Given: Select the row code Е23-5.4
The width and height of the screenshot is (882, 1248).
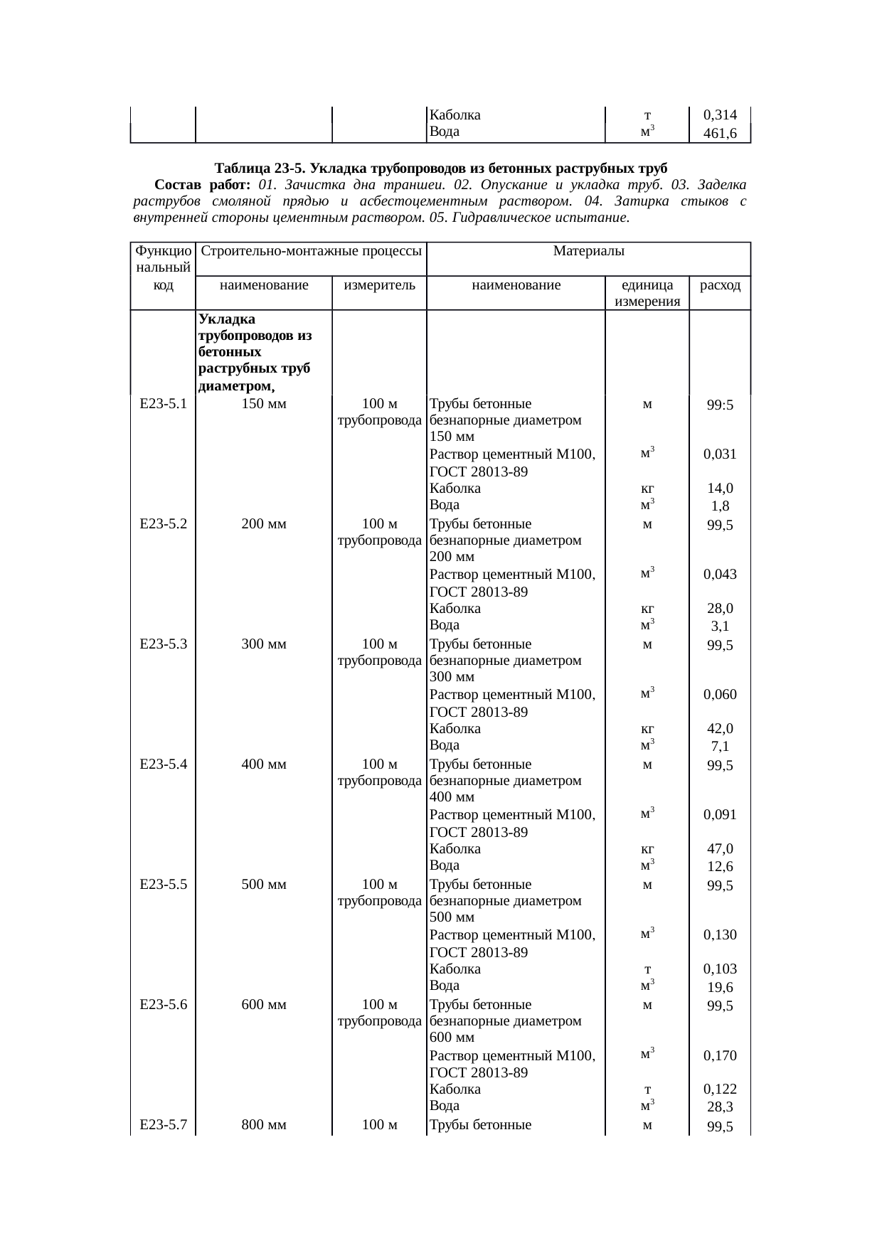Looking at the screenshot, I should pyautogui.click(x=164, y=764).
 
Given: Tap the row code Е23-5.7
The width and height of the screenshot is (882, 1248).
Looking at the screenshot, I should pyautogui.click(x=164, y=1124).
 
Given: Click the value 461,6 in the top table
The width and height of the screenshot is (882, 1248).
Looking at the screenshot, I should pyautogui.click(x=720, y=133).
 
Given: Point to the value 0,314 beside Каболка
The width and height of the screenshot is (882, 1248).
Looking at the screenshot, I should pyautogui.click(x=720, y=115).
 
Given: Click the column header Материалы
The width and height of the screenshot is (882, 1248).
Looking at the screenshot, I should pyautogui.click(x=588, y=251).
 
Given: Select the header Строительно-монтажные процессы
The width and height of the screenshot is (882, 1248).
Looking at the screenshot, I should pyautogui.click(x=310, y=251).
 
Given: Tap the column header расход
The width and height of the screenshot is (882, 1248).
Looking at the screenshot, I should pyautogui.click(x=720, y=286).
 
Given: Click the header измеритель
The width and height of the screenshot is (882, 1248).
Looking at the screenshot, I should pyautogui.click(x=379, y=286).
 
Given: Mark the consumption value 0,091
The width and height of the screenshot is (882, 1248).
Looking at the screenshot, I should pyautogui.click(x=720, y=815).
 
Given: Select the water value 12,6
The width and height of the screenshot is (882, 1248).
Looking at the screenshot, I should pyautogui.click(x=720, y=867).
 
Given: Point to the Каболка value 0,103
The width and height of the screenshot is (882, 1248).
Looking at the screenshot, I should pyautogui.click(x=720, y=969).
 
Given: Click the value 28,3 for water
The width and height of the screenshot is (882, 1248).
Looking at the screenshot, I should pyautogui.click(x=720, y=1107).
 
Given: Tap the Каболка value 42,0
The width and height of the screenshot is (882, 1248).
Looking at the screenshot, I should pyautogui.click(x=720, y=729).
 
